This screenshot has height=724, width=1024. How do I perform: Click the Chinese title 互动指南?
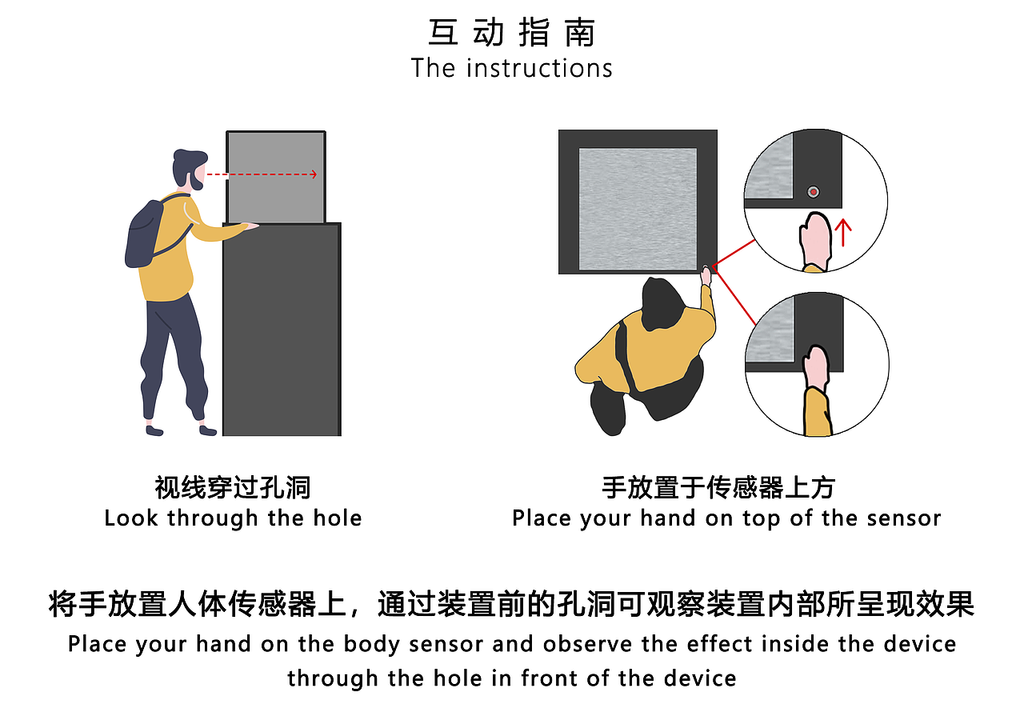coord(512,34)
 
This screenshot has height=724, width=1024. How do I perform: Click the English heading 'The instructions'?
coord(512,68)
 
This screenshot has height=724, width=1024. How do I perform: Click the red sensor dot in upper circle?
coord(814,191)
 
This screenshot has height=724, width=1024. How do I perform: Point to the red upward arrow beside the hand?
coord(843,233)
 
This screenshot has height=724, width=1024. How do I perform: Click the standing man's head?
coord(188,169)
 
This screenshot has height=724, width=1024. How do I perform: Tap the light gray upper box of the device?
coord(276,177)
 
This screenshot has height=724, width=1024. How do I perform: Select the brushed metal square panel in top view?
coord(637,209)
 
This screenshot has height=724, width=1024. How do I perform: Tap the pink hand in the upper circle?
coord(814,239)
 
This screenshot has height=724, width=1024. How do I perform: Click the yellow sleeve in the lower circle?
coord(818,411)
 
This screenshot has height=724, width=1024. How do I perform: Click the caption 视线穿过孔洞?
coord(233,487)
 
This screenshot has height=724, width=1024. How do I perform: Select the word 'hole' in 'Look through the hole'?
coord(337,518)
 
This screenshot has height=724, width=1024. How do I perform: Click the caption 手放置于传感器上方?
coord(718,487)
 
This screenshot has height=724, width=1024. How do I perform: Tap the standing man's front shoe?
coord(208,430)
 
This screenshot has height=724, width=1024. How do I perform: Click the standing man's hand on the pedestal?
coord(251,226)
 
